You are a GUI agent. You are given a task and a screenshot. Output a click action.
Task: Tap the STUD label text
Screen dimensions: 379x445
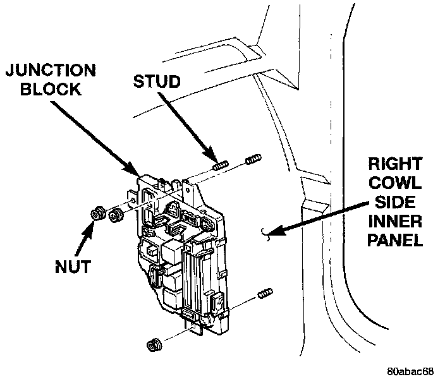(x=157, y=81)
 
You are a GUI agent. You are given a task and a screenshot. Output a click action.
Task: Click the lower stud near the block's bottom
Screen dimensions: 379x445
(x=265, y=294)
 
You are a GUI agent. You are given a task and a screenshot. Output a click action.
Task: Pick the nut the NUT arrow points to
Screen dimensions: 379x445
(x=98, y=214)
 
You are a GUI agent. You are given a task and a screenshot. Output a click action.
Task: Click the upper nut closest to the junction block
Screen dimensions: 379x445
(x=116, y=215)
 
